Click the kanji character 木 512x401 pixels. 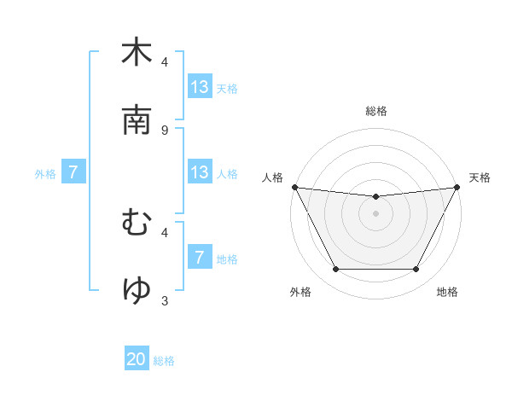point(137,53)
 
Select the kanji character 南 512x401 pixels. point(137,120)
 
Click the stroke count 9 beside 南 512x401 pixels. point(165,130)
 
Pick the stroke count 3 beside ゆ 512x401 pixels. point(165,300)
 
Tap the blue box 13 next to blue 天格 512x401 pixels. point(199,87)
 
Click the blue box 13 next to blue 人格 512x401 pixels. point(199,172)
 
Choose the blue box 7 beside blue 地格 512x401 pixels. point(199,258)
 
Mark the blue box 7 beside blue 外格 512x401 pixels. point(73,172)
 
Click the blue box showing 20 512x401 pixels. point(137,360)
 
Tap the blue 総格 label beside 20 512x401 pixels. point(164,361)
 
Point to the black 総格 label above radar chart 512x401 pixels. point(375,111)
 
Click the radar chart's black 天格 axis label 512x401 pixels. point(480,177)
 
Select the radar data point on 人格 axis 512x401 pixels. point(294,187)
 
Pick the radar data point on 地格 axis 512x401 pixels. point(416,270)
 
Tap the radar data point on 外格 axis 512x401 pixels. point(335,270)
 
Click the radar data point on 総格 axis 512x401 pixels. point(375,197)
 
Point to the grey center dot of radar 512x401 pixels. point(375,213)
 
